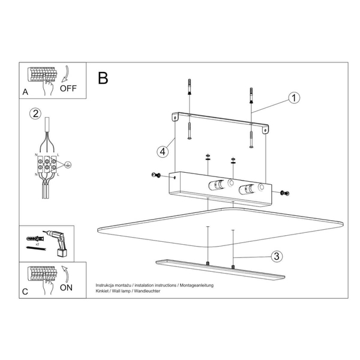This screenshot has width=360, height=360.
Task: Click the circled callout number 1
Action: coord(294,98)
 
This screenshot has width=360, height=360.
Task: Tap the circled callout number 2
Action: coord(35,114)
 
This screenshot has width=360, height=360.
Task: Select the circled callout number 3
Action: coord(277,256)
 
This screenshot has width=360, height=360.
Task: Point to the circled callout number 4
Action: coord(163,152)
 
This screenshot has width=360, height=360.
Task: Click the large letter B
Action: coord(103,78)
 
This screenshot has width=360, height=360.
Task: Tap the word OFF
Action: coord(68,88)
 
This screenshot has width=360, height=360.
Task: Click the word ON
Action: coord(66,287)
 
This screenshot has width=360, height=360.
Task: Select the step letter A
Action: coord(25,92)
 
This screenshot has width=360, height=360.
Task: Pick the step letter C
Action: coord(25,292)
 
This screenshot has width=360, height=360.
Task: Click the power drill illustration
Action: coord(58,243)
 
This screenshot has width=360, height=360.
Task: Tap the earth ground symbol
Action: coord(68,164)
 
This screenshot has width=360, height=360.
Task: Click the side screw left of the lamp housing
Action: coord(156,175)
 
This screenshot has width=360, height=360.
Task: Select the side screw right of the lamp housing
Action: coord(285,193)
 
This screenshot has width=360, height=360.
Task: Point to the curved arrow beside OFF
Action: coord(65,74)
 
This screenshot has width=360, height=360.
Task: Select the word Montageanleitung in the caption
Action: coord(197,285)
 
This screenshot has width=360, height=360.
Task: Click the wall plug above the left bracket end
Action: coord(190,87)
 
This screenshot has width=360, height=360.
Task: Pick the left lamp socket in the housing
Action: coord(216,185)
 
